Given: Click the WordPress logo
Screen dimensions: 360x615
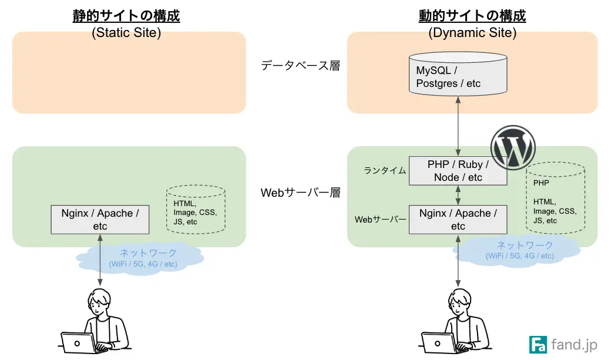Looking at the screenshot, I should click(513, 147).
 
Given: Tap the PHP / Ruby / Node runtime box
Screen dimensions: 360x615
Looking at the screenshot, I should click(458, 171).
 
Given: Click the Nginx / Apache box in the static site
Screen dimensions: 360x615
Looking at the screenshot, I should click(100, 220).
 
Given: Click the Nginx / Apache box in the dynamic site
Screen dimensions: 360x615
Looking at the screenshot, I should click(458, 220).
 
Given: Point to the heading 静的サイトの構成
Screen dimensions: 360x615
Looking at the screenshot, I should click(126, 15).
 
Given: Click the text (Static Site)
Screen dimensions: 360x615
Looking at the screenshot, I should click(126, 32).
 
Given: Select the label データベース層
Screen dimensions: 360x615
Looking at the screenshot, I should click(300, 65).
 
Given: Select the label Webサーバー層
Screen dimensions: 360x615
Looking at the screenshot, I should click(300, 193).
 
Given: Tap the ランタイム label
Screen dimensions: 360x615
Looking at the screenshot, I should click(385, 171).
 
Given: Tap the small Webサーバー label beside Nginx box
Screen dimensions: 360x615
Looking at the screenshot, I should click(380, 220).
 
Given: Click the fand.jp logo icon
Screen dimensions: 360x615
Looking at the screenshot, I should click(537, 344).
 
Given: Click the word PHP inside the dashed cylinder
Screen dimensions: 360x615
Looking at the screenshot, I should click(541, 183).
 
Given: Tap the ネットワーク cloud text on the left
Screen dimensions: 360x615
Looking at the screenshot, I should click(148, 253).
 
